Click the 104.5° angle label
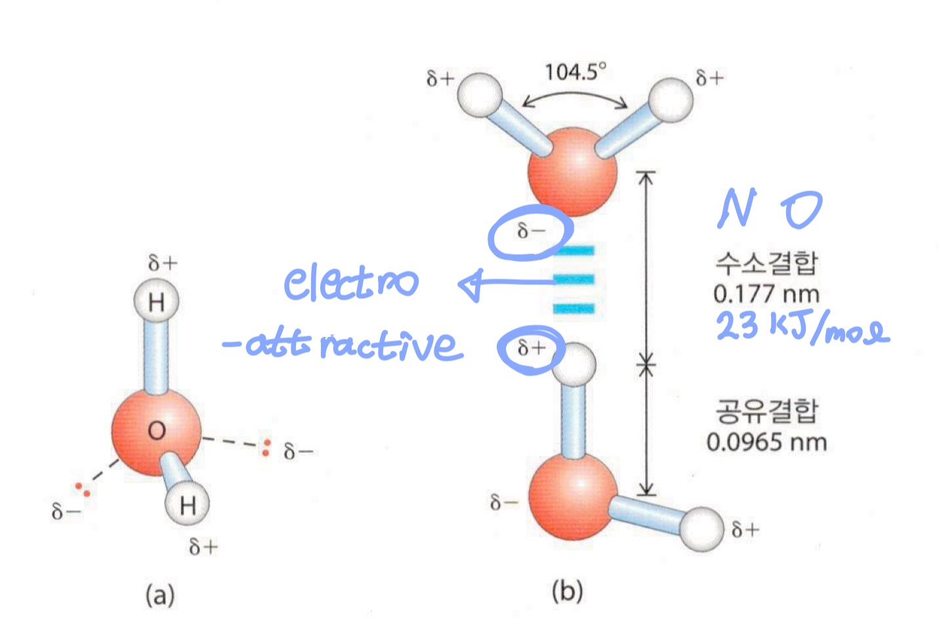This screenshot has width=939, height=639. click(x=575, y=71)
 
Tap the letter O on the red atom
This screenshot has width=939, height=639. click(x=156, y=431)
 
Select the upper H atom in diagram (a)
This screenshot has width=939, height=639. click(x=156, y=303)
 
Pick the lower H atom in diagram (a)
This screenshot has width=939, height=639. click(x=187, y=505)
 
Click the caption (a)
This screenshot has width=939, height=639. click(x=160, y=596)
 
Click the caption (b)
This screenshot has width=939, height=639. click(x=567, y=591)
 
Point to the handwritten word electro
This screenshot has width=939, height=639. click(x=350, y=283)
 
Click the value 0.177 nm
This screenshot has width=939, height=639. click(x=766, y=294)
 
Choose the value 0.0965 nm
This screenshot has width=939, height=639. click(x=766, y=442)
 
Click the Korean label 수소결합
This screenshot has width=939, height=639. click(x=766, y=263)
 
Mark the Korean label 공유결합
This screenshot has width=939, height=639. click(x=766, y=411)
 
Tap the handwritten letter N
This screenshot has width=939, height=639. click(x=736, y=209)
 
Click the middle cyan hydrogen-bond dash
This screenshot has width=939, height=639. click(x=574, y=280)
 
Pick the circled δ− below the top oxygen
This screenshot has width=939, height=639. click(x=531, y=232)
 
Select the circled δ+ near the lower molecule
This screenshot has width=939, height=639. click(x=531, y=348)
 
